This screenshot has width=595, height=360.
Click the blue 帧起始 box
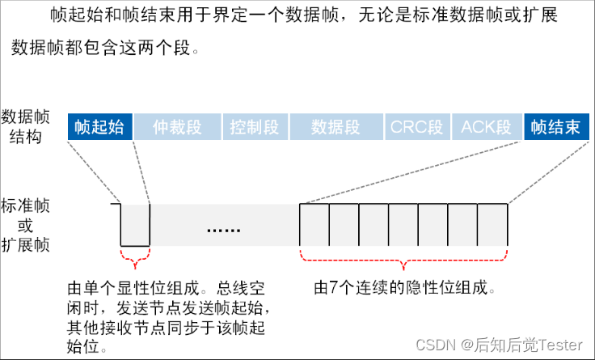click(99, 128)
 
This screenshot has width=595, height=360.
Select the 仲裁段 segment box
click(176, 128)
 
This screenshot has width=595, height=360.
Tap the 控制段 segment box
click(254, 128)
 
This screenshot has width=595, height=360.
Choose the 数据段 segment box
click(335, 128)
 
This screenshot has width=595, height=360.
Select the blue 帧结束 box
click(555, 128)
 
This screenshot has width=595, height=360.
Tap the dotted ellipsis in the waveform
click(223, 230)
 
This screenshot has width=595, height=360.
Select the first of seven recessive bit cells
click(314, 224)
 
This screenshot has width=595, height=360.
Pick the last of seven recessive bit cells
click(492, 224)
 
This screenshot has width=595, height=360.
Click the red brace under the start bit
click(135, 258)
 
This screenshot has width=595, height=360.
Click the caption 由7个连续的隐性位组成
click(404, 287)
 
